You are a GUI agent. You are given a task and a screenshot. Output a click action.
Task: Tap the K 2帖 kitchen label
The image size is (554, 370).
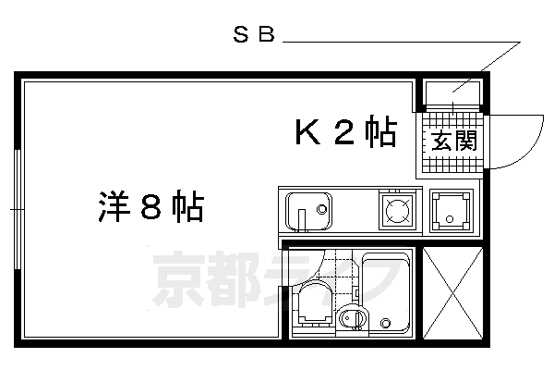click(x=345, y=134)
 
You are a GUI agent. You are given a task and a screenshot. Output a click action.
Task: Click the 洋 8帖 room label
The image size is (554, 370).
click(x=150, y=206)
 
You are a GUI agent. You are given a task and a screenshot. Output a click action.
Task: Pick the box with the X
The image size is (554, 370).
click(x=452, y=290)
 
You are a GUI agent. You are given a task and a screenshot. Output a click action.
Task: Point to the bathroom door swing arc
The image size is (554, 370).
click(x=309, y=268)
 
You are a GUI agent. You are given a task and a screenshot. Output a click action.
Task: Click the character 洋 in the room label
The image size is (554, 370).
click(x=113, y=206)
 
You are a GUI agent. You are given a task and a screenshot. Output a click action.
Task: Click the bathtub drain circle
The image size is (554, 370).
click(x=387, y=323)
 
